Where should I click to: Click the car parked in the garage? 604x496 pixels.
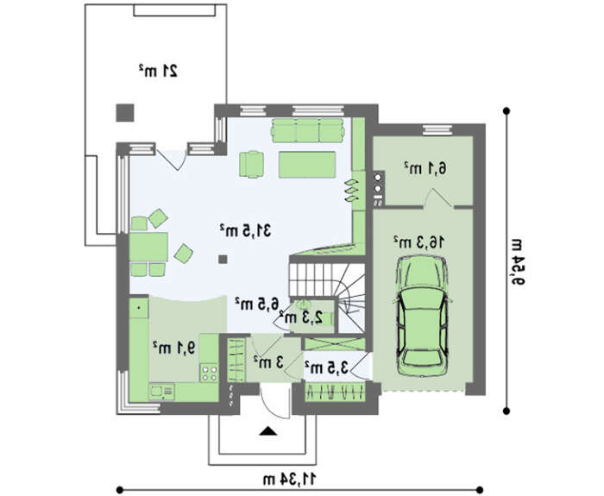pyautogui.click(x=422, y=317)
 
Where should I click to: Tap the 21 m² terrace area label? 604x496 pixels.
pyautogui.click(x=158, y=71)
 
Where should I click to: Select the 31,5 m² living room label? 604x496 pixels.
pyautogui.click(x=245, y=230)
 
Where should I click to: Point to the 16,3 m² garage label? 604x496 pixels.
pyautogui.click(x=418, y=242)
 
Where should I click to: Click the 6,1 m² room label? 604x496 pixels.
pyautogui.click(x=425, y=168)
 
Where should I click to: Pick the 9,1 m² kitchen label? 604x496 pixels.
pyautogui.click(x=173, y=348)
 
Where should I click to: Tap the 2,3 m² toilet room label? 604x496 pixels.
pyautogui.click(x=302, y=317)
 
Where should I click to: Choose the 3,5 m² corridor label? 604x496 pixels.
pyautogui.click(x=326, y=367)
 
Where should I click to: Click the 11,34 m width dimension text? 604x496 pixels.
pyautogui.click(x=290, y=479)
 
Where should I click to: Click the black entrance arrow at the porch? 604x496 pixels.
pyautogui.click(x=268, y=431)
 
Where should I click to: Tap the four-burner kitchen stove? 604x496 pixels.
pyautogui.click(x=209, y=373)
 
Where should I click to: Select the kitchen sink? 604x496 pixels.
pyautogui.click(x=161, y=392)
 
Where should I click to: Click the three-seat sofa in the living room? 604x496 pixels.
pyautogui.click(x=308, y=130)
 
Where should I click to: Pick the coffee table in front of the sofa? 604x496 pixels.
pyautogui.click(x=307, y=165)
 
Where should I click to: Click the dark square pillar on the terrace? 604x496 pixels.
pyautogui.click(x=125, y=113)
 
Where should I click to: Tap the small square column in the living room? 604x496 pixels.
pyautogui.click(x=223, y=259)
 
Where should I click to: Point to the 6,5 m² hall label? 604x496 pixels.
pyautogui.click(x=256, y=303)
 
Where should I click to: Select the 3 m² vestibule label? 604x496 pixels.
pyautogui.click(x=268, y=361)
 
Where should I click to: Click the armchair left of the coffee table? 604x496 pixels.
pyautogui.click(x=252, y=165)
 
